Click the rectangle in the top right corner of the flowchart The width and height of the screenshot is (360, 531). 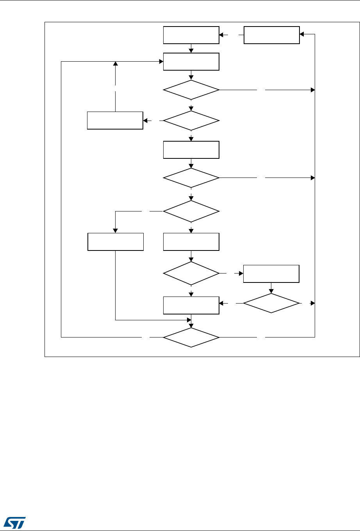click(272, 35)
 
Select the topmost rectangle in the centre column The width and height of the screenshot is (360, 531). click(191, 35)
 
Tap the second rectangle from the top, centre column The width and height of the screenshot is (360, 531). click(191, 62)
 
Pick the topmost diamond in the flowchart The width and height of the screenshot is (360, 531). click(191, 90)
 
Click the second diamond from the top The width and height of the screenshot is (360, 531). click(191, 121)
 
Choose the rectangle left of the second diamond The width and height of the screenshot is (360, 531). click(115, 121)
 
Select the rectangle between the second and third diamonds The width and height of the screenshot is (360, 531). click(191, 150)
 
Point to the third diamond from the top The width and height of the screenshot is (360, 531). click(191, 178)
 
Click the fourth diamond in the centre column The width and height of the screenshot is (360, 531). click(191, 211)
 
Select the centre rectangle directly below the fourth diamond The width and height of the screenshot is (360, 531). click(191, 242)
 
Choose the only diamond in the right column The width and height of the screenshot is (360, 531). click(271, 303)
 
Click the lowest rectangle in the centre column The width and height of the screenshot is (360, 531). click(191, 305)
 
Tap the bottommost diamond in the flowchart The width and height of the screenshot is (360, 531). click(191, 336)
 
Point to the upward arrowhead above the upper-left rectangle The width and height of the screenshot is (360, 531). click(115, 64)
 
